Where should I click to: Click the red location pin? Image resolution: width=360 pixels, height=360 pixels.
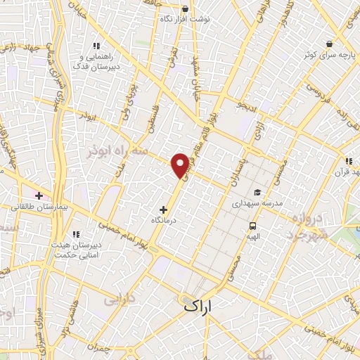(x=181, y=165)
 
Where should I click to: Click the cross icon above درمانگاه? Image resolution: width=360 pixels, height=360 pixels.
(x=164, y=210)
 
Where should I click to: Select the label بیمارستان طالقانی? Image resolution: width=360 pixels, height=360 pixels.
(x=40, y=207)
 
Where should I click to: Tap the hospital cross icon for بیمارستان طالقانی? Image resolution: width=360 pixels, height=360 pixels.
(x=38, y=195)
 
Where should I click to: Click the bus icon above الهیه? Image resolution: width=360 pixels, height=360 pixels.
(x=252, y=226)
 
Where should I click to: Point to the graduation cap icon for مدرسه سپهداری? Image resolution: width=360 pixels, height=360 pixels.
(x=257, y=191)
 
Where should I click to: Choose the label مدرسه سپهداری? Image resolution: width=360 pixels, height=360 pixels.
(x=258, y=202)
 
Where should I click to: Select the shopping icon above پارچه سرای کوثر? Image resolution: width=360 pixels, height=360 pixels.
(x=328, y=42)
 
